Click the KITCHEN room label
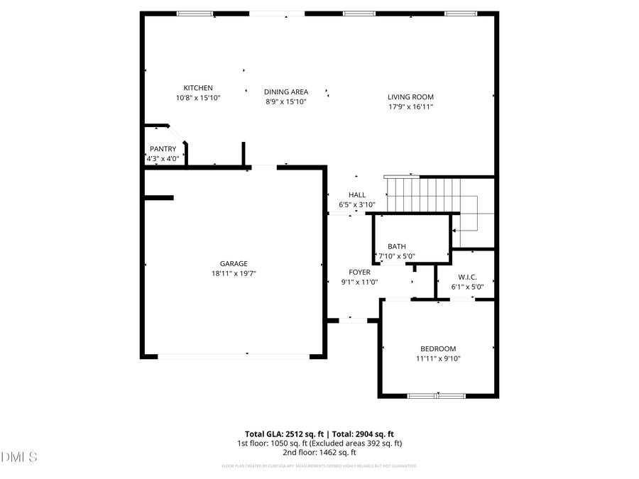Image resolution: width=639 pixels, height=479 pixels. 198,88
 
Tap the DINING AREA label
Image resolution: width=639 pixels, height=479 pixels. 285,92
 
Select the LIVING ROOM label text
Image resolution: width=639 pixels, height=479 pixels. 410,97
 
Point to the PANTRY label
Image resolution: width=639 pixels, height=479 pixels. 163,149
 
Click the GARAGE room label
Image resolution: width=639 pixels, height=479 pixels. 233,264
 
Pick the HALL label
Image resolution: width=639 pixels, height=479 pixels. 356,195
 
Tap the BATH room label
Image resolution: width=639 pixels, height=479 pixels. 396,247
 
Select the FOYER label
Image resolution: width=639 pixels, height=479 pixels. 359,272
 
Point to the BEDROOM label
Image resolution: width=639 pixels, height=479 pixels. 438,349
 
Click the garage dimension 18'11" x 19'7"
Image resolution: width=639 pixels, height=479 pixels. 233,273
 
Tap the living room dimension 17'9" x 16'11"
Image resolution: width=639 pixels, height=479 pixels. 410,106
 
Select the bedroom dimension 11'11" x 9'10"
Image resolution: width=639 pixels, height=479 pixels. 438,358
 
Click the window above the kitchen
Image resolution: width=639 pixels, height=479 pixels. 195,13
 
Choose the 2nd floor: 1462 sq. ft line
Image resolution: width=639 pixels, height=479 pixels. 319,452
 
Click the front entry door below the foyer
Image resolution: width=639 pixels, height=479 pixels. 353,321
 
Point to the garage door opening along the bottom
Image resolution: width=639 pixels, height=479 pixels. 233,356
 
